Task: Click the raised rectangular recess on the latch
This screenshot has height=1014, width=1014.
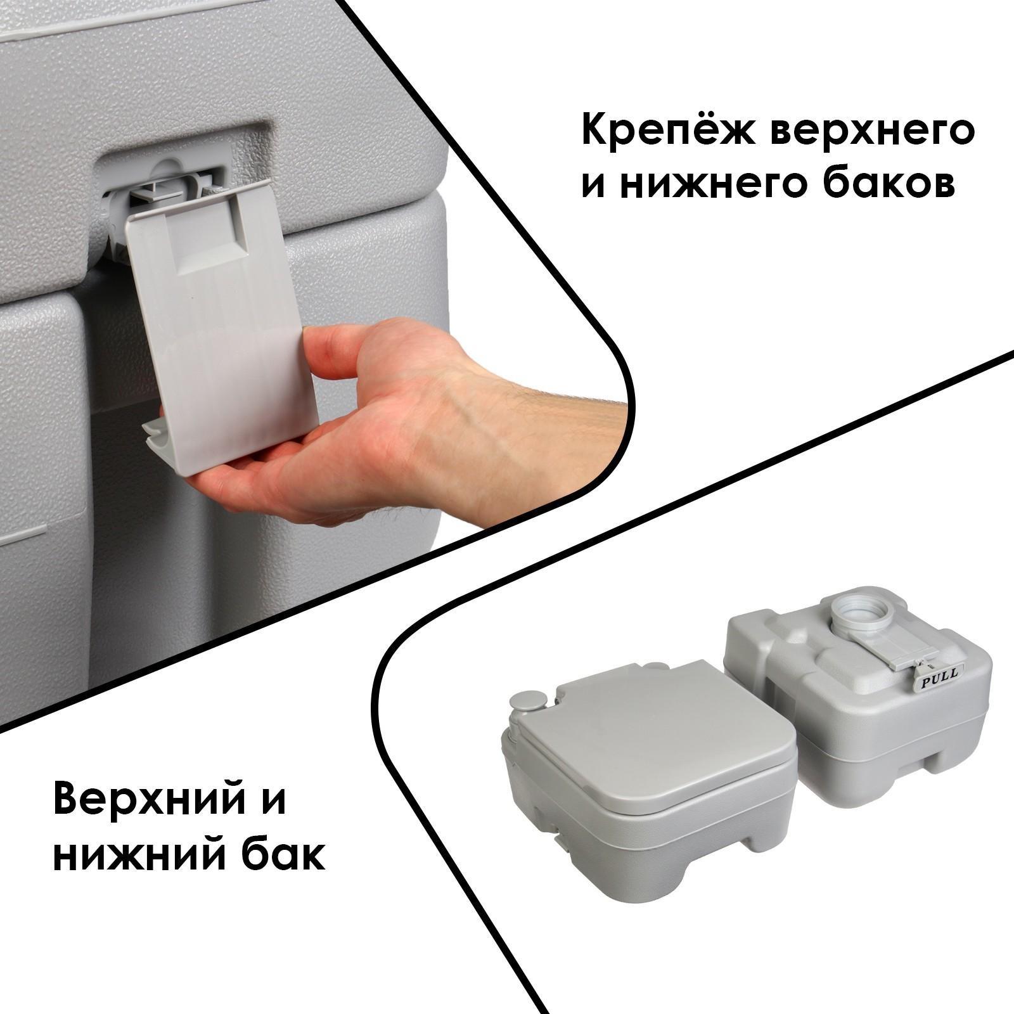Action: [209, 241]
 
